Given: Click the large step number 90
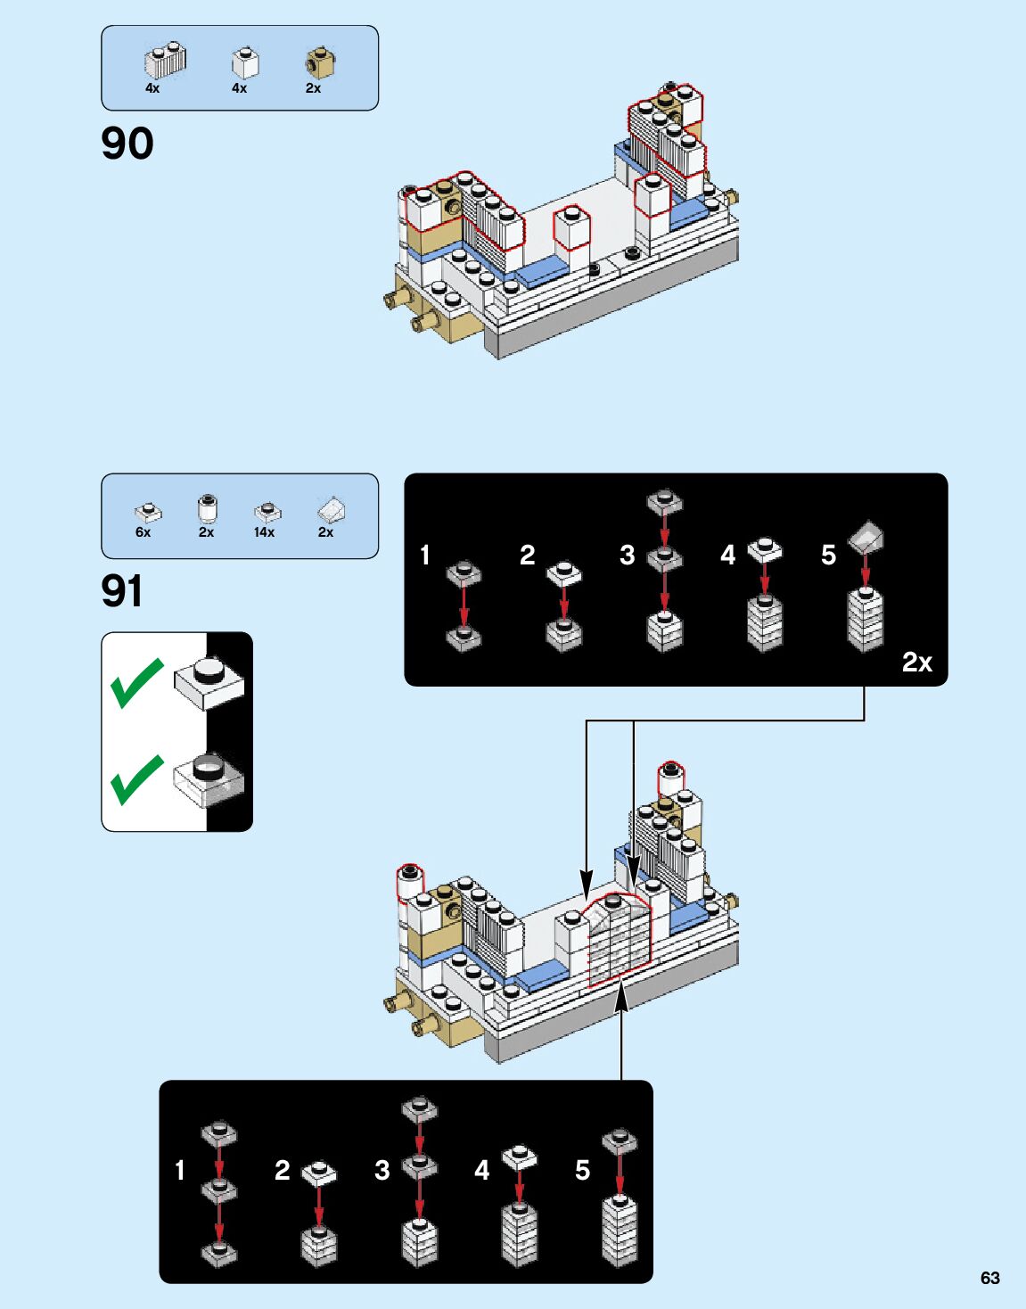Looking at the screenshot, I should (x=127, y=144).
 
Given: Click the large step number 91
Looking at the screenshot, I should (x=122, y=591).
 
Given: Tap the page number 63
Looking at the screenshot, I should (x=989, y=1278).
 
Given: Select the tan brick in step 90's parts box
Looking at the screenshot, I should (x=320, y=63).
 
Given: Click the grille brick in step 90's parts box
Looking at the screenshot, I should (x=165, y=61).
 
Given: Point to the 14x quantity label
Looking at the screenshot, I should (x=264, y=532).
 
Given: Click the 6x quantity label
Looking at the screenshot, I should (x=143, y=532).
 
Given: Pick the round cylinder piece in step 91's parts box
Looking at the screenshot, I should (x=207, y=509).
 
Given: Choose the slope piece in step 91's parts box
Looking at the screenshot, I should (x=331, y=511).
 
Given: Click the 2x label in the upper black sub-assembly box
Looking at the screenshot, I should (x=916, y=662).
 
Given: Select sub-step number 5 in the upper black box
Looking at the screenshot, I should (x=828, y=556).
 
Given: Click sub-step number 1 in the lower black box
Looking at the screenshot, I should (x=180, y=1170).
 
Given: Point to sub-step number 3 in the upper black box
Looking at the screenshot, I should (x=627, y=556).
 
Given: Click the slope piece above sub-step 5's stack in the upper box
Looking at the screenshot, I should (x=866, y=536).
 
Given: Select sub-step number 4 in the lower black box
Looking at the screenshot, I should (x=481, y=1170).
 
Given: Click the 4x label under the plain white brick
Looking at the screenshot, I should (x=239, y=88).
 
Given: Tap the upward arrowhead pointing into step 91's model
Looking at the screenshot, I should (x=621, y=997).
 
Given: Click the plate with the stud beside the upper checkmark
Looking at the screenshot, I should (x=209, y=683).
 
